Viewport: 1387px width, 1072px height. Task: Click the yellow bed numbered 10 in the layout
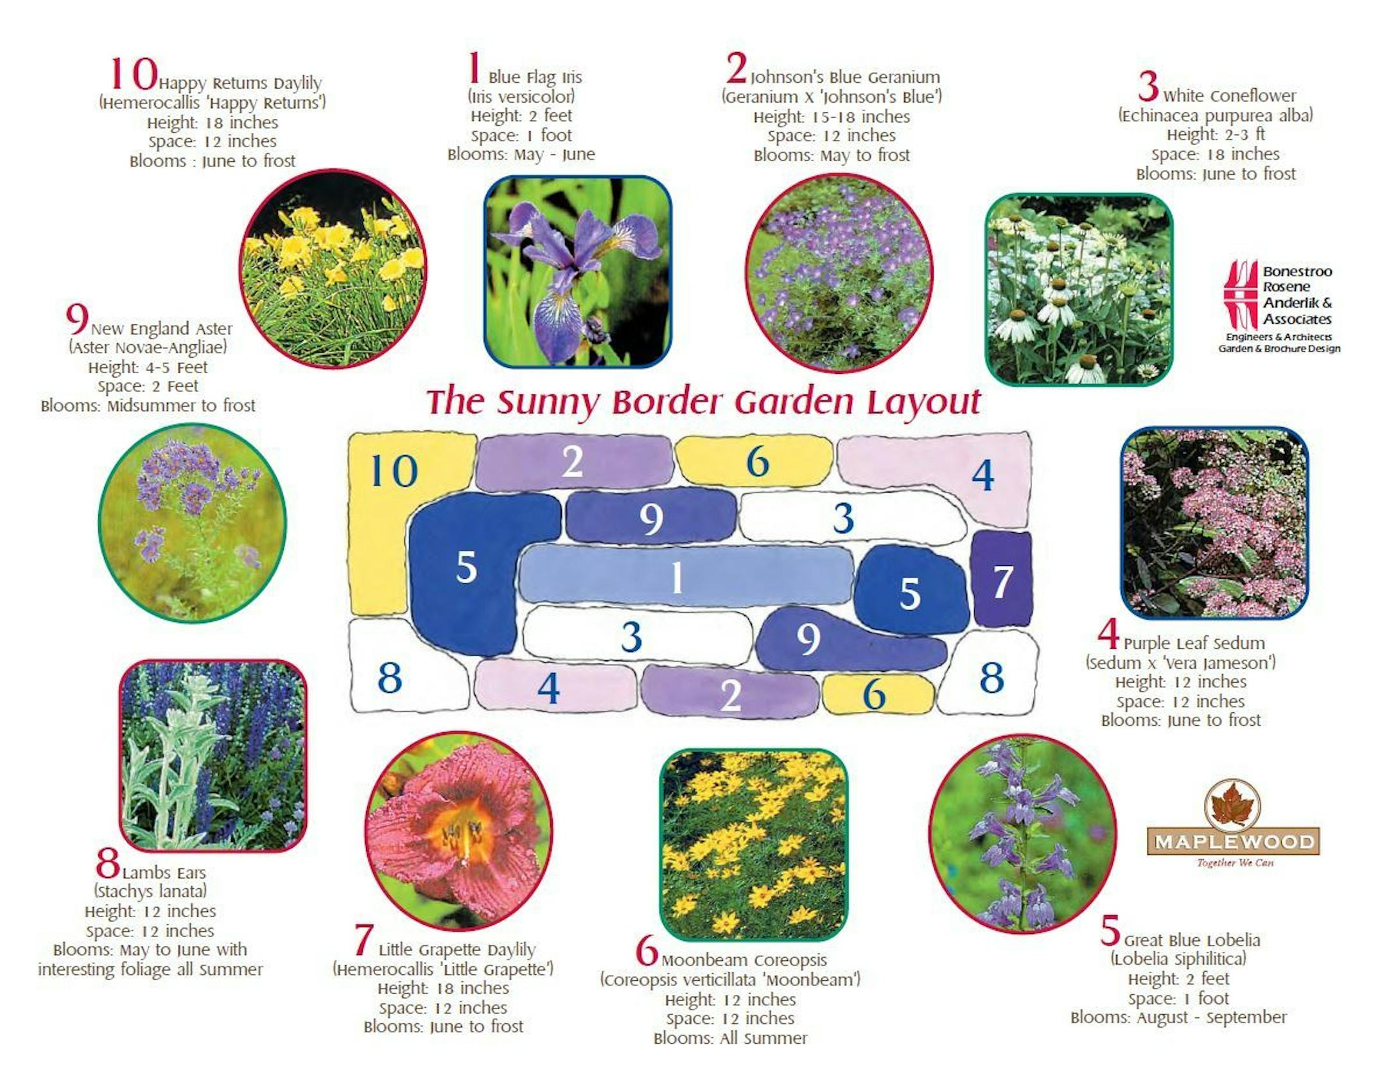tap(379, 514)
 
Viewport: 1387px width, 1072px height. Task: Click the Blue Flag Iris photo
tap(577, 272)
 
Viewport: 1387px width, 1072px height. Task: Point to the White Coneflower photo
tap(1079, 290)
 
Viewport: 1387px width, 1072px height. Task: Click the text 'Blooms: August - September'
tap(1178, 1017)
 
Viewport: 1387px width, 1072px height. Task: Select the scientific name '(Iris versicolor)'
tap(521, 96)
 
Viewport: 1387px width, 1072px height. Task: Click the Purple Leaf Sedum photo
tap(1214, 523)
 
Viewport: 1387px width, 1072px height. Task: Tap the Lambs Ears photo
tap(213, 755)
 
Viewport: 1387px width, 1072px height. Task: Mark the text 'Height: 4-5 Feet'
tap(148, 367)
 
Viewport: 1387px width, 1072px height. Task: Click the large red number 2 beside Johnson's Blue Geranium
tap(737, 68)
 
